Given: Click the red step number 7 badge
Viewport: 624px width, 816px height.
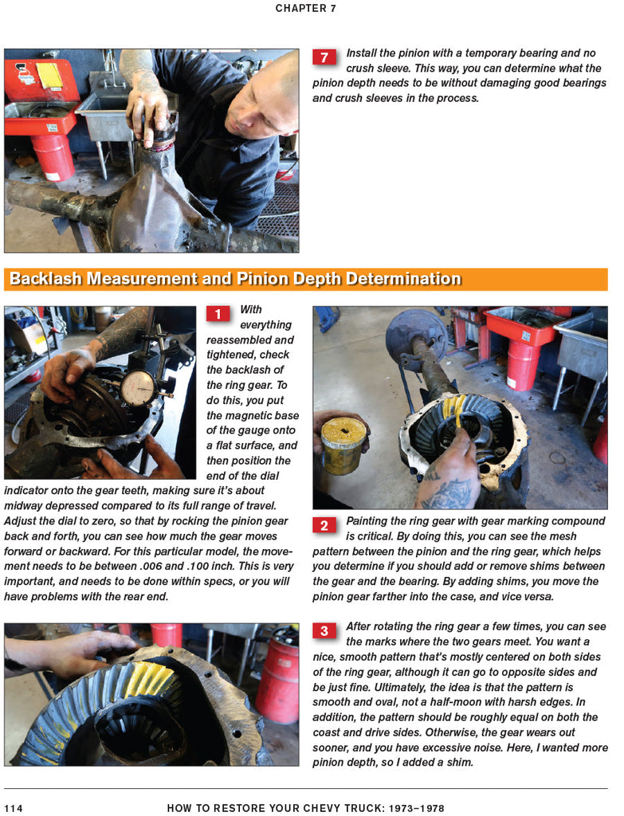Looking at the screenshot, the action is point(324,57).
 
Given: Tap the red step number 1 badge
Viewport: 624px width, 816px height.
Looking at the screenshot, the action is point(218,314).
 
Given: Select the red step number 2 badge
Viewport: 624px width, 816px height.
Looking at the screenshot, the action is point(324,525).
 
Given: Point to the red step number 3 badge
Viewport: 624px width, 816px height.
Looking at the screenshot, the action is point(324,631).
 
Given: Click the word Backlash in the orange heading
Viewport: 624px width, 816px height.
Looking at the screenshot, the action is point(45,279).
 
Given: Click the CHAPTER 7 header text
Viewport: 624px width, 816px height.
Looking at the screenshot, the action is point(305,8).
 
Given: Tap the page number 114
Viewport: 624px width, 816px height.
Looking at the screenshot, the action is point(13,808).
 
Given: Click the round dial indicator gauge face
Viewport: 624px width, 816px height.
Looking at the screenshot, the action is point(139,387).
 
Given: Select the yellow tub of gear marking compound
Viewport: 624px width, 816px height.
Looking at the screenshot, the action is point(343,446).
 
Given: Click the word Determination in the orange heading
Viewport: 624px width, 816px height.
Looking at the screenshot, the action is point(404,279).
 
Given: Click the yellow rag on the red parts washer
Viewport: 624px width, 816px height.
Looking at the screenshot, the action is point(49,75).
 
